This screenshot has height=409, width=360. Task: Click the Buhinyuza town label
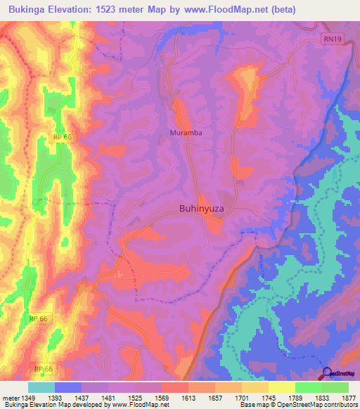202,208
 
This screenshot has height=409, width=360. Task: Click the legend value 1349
28,397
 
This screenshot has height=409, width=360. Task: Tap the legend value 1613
188,397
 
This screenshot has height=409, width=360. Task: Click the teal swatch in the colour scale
41,387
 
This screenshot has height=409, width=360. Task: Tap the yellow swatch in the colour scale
282,387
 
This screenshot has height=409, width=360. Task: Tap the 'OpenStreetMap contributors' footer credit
312,405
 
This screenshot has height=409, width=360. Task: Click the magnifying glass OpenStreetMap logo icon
326,373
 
